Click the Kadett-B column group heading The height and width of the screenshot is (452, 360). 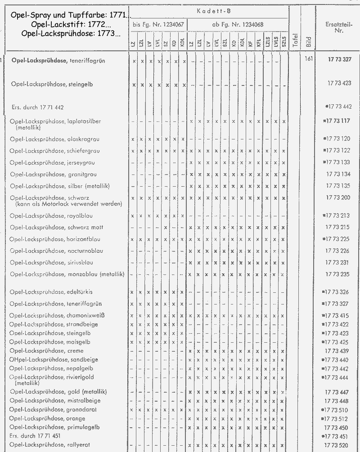pyautogui.click(x=207, y=10)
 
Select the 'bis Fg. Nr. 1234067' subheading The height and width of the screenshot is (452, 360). pyautogui.click(x=158, y=24)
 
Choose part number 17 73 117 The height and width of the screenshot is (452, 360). pyautogui.click(x=337, y=121)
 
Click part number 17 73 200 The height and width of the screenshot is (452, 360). pyautogui.click(x=338, y=198)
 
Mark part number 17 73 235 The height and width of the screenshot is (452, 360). pyautogui.click(x=338, y=274)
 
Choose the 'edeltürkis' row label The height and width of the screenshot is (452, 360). pyautogui.click(x=45, y=292)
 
